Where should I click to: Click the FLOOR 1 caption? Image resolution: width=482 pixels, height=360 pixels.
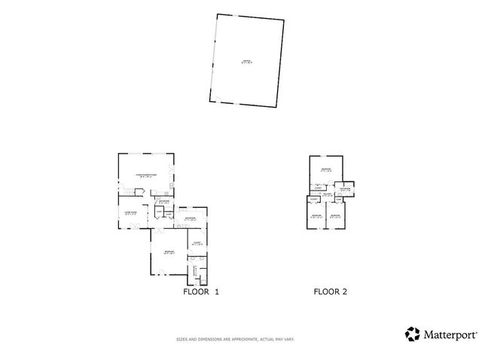tap(201, 291)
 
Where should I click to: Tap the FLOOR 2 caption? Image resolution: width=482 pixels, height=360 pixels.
tap(330, 291)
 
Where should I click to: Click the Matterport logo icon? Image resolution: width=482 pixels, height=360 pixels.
tap(412, 334)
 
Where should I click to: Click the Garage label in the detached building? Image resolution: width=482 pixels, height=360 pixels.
tap(246, 62)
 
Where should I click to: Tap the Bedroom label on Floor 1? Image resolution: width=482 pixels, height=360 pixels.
tap(169, 252)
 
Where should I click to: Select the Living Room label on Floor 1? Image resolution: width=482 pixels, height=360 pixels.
tap(130, 213)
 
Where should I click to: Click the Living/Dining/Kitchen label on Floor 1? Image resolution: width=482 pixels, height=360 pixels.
tap(145, 175)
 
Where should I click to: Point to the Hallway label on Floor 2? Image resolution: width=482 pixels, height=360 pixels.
tap(327, 194)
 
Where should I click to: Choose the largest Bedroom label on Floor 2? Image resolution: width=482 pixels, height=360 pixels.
tap(325, 169)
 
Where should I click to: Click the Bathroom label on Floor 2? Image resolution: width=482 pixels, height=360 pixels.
tap(344, 190)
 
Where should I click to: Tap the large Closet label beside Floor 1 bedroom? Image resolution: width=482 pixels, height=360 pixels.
tap(195, 243)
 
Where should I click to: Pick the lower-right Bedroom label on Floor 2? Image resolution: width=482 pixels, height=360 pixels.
tap(335, 217)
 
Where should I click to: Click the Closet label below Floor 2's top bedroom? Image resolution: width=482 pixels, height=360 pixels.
tap(319, 188)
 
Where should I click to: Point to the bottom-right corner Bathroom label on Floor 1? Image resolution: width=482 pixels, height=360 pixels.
tap(195, 269)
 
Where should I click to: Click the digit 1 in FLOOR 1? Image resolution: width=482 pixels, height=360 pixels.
tap(217, 291)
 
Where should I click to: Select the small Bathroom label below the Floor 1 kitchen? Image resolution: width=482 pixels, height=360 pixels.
tap(163, 201)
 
